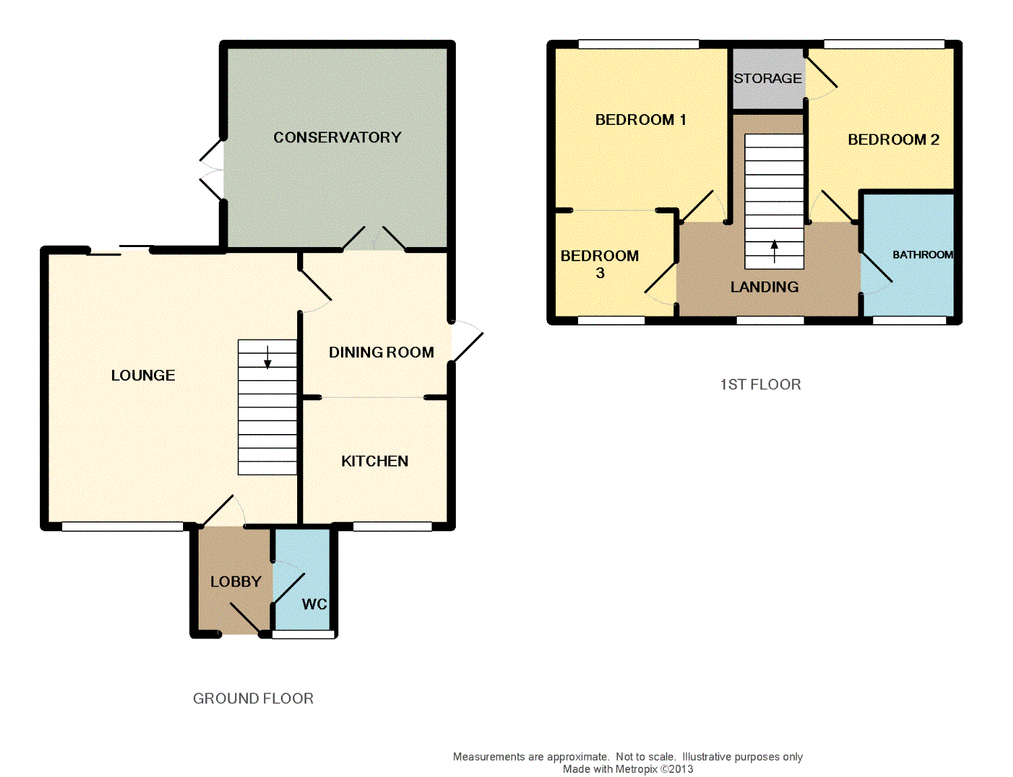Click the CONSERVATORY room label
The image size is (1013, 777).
click(337, 138)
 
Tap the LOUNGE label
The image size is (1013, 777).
click(143, 375)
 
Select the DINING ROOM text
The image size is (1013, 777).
click(382, 352)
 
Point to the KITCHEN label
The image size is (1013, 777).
click(375, 461)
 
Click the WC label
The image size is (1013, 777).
click(314, 604)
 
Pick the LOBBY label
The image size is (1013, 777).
click(236, 581)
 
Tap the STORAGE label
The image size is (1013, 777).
click(768, 78)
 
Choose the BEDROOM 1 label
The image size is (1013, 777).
click(640, 119)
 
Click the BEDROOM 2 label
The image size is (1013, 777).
click(893, 139)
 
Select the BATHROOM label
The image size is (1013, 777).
click(923, 254)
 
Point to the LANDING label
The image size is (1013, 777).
click(764, 287)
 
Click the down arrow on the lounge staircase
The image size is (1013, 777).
click(267, 358)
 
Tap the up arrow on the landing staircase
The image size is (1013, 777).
click(775, 252)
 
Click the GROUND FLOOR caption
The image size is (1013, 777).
click(253, 699)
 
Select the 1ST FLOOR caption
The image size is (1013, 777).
click(760, 384)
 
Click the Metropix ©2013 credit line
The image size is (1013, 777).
click(627, 769)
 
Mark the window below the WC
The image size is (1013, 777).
click(303, 635)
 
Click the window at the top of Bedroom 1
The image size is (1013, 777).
click(639, 45)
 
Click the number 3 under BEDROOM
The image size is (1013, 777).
click(600, 273)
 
